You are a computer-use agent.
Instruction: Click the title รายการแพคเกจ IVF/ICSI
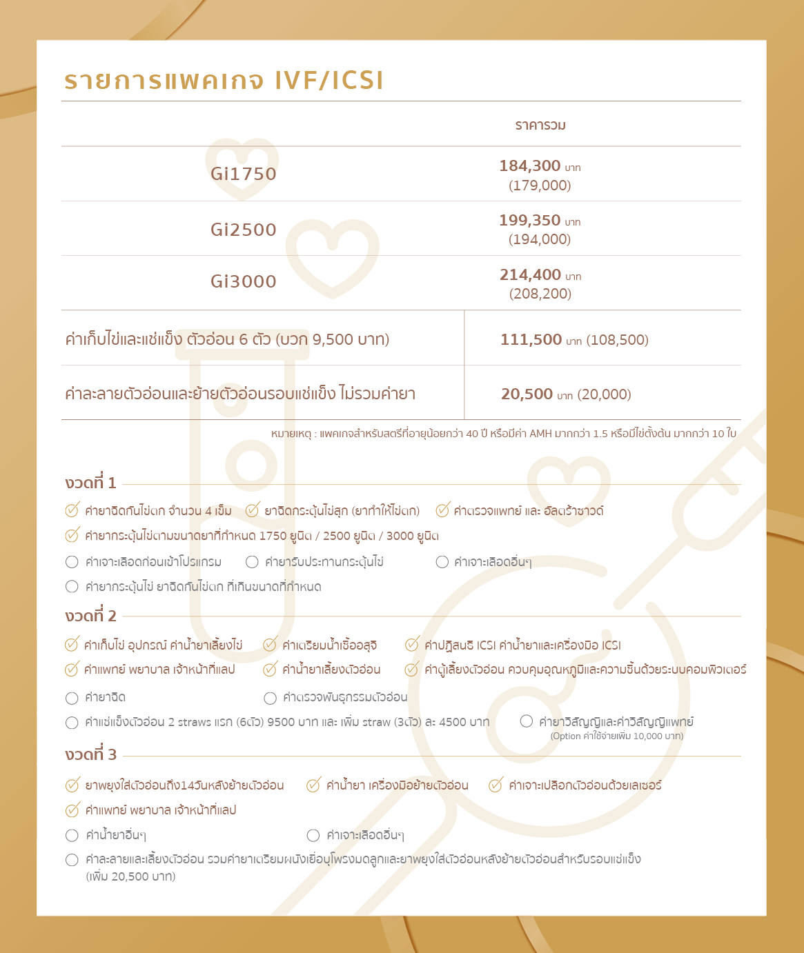point(224,81)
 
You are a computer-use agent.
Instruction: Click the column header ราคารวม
point(540,126)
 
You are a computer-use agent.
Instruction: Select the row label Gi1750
point(244,174)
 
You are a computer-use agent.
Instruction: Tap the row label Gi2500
point(244,230)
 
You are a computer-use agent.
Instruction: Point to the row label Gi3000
point(244,281)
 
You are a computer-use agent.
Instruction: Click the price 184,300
point(530,166)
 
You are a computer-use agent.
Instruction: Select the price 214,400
point(530,275)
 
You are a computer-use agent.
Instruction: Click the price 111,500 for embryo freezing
point(531,339)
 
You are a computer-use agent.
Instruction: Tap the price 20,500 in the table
point(527,394)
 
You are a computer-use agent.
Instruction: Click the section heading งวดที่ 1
point(91,483)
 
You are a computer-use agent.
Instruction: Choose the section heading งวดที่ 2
point(91,616)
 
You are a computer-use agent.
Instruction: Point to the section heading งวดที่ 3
point(91,754)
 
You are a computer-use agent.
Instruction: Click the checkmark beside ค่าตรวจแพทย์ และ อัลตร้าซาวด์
point(443,510)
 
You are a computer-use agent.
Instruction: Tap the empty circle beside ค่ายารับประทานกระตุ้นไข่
point(253,562)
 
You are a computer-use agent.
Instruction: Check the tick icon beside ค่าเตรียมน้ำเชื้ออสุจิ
point(271,645)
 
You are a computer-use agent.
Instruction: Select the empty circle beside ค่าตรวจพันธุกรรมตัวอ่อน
point(271,698)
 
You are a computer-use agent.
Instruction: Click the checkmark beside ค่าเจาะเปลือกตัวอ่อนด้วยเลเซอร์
point(496,785)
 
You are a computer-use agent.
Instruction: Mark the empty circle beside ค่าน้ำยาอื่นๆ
point(72,836)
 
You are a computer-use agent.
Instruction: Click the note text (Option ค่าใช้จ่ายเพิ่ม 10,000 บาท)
point(617,736)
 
